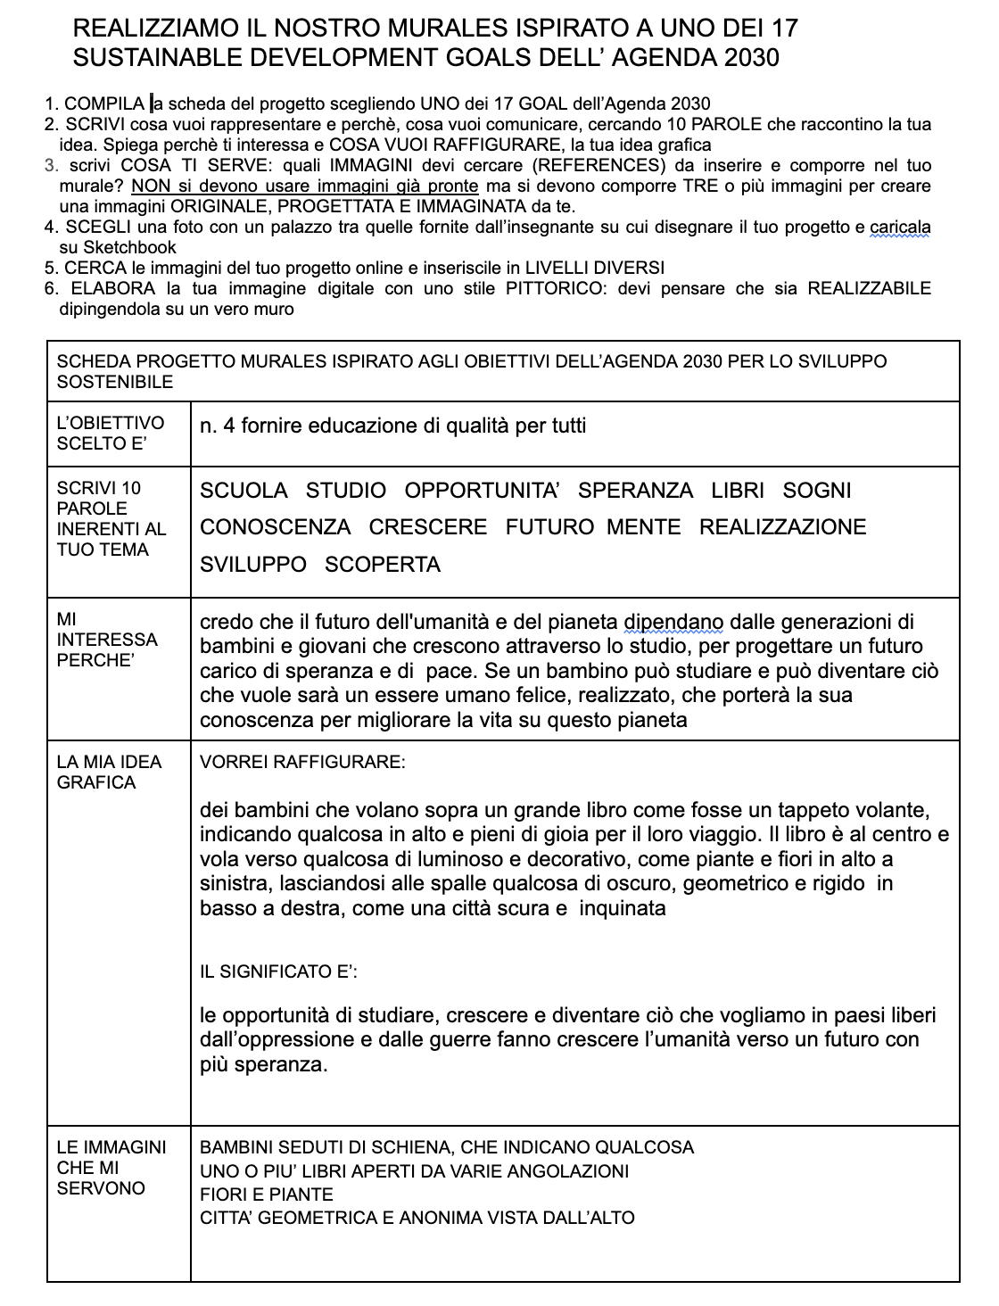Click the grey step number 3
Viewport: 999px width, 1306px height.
pos(50,165)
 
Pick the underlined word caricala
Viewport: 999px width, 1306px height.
pos(900,227)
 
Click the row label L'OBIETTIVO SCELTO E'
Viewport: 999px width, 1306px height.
pos(111,433)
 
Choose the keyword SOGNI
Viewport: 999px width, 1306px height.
pos(817,491)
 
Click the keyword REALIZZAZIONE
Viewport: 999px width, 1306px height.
pos(782,527)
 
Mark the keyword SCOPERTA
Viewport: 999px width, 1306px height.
pos(383,565)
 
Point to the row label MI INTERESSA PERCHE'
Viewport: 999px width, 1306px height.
pos(107,640)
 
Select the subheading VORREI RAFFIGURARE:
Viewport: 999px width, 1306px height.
pos(303,763)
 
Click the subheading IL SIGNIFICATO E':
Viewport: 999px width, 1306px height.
pos(279,971)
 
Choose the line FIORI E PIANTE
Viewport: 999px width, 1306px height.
pos(267,1194)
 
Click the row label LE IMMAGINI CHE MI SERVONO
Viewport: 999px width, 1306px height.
pos(111,1168)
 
